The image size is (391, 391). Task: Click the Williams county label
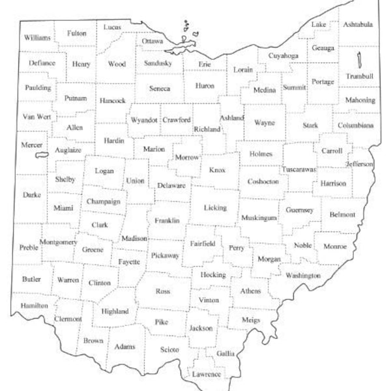point(37,38)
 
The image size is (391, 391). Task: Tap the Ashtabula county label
point(359,25)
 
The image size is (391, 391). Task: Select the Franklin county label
point(167,220)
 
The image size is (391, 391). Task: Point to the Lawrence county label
point(207,374)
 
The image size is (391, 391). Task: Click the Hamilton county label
point(34,305)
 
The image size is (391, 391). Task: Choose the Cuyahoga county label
point(283,56)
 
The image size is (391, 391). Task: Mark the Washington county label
point(303,276)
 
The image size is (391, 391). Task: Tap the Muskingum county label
point(259,218)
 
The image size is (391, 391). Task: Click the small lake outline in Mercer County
point(42,155)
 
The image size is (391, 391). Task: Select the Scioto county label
point(169,350)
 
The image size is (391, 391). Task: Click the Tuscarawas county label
point(298,169)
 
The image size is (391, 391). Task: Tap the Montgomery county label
point(59,242)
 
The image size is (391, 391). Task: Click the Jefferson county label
point(360,164)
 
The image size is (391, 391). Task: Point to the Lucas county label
point(113,27)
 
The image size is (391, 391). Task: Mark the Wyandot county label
point(144,120)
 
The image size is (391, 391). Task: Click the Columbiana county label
point(356,124)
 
